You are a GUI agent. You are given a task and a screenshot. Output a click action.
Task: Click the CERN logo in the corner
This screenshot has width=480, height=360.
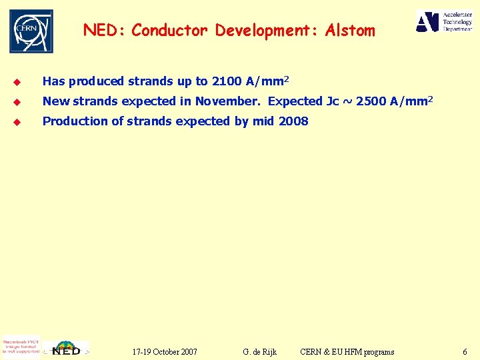(x=31, y=31)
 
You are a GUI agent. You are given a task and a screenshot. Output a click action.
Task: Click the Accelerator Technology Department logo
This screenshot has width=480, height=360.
(x=444, y=21)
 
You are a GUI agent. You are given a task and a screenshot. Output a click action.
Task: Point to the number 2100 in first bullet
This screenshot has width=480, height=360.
(x=227, y=82)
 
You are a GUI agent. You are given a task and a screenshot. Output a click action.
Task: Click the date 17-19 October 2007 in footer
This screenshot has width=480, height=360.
(x=165, y=351)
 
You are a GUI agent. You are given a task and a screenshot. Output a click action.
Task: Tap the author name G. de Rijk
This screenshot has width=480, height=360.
(x=260, y=351)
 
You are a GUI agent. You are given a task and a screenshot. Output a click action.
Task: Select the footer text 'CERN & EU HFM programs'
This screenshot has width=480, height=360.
(x=347, y=351)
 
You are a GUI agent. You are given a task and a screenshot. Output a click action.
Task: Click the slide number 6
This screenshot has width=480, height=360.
(x=465, y=351)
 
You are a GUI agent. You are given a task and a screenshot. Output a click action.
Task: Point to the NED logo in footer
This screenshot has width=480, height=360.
(x=66, y=349)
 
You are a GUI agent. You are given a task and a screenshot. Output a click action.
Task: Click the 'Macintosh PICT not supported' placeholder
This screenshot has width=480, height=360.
(x=21, y=346)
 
